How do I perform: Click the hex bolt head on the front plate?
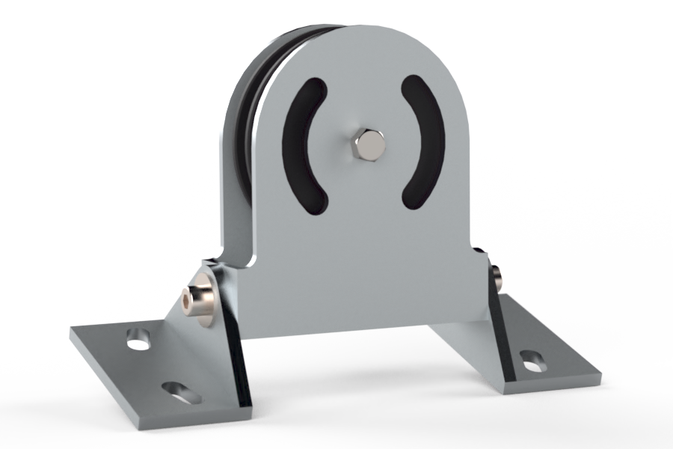(368, 144)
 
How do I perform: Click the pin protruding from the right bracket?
(498, 279)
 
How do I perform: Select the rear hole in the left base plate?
(138, 339)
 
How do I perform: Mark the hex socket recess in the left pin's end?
(186, 302)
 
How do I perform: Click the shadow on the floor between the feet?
(351, 374)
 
